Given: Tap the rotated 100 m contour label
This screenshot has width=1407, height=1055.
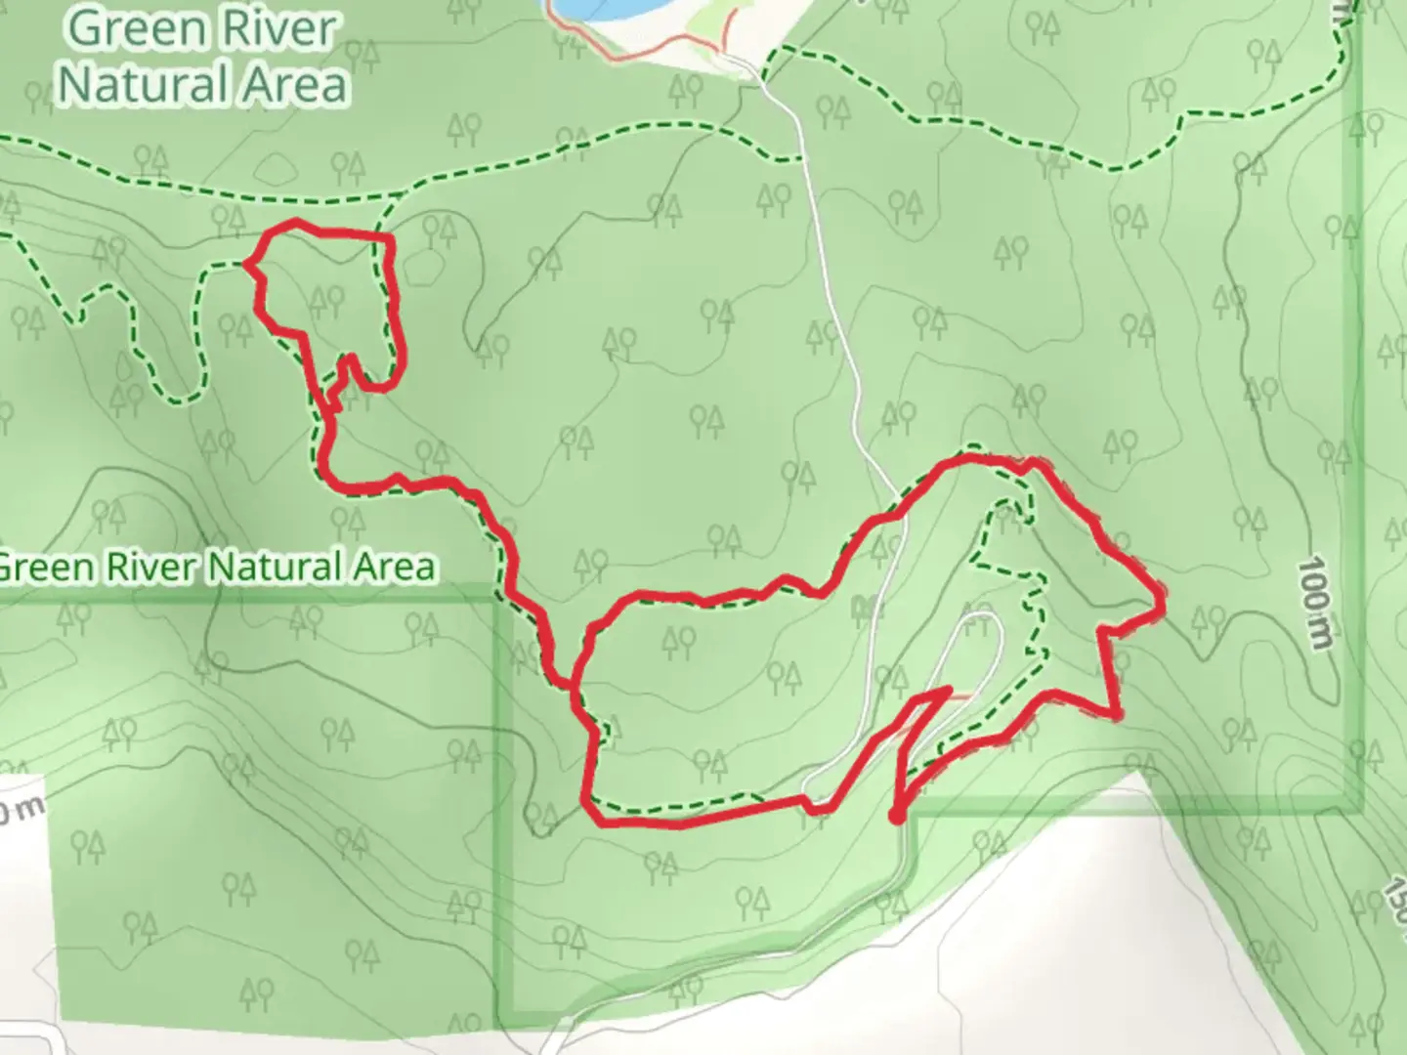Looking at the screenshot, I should tap(1316, 604).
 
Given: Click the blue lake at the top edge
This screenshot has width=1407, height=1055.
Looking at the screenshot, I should tap(596, 8).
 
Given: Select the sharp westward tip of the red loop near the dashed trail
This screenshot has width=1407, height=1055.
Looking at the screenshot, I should tap(246, 263).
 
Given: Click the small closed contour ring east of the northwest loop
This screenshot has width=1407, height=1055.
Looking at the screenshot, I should tap(422, 269).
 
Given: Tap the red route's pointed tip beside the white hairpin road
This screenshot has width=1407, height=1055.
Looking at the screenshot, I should tap(948, 691).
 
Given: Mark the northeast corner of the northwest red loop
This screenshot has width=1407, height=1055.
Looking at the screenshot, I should tap(389, 236).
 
